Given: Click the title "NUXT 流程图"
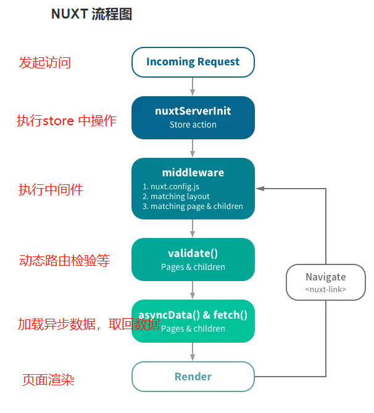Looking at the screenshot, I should tap(91, 14).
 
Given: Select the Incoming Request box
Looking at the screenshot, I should tap(193, 62).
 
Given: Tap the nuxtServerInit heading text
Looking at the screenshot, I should tap(193, 111).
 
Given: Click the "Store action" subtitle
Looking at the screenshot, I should tap(193, 125).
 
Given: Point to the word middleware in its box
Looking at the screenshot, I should tap(193, 173).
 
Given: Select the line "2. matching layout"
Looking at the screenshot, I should tap(176, 196).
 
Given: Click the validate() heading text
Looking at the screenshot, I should tap(193, 253).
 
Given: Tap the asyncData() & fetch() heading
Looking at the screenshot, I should tap(193, 315).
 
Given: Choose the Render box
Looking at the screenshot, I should tap(193, 377).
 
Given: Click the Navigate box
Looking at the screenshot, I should tap(326, 282).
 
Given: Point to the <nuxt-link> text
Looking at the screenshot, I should tap(326, 289).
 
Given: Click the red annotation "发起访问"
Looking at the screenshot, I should tap(44, 63).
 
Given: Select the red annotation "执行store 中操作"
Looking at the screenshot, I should tap(66, 121).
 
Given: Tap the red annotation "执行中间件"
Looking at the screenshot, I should tap(51, 190).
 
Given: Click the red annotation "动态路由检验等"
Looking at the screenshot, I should tap(64, 261).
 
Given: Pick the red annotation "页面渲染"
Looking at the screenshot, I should tap(48, 380).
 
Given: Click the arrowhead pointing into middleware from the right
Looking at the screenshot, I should tap(259, 188).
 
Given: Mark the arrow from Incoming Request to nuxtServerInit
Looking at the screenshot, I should tap(193, 86).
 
